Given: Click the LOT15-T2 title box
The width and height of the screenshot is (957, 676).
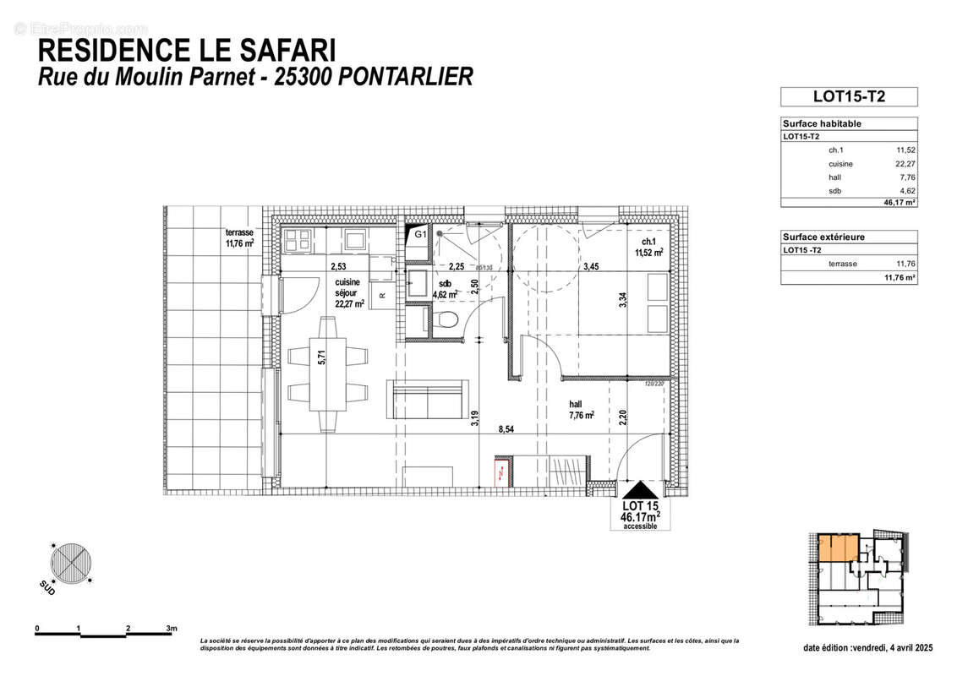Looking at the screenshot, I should (x=848, y=96).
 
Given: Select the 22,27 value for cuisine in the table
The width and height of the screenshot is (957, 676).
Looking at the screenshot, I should (x=905, y=164).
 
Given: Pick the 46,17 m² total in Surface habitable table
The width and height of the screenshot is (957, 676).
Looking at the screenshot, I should (x=900, y=203).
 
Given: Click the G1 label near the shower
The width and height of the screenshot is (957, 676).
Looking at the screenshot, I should (x=418, y=232).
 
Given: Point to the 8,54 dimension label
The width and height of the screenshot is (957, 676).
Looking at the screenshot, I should (x=506, y=429).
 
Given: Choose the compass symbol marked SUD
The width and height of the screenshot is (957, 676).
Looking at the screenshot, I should (x=70, y=560).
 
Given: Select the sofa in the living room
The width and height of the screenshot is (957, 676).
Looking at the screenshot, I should (x=428, y=397).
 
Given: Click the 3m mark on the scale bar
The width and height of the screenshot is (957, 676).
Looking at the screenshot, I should (x=172, y=629).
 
